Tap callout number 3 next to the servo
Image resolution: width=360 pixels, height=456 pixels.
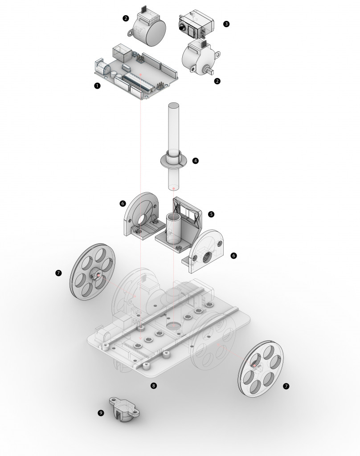click(x=227, y=24)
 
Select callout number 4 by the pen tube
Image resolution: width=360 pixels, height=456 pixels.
click(x=196, y=160)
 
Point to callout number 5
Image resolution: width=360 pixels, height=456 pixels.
click(x=211, y=214)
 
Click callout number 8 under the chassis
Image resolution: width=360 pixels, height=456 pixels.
click(x=154, y=386)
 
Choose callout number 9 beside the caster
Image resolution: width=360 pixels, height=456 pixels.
click(x=101, y=413)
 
